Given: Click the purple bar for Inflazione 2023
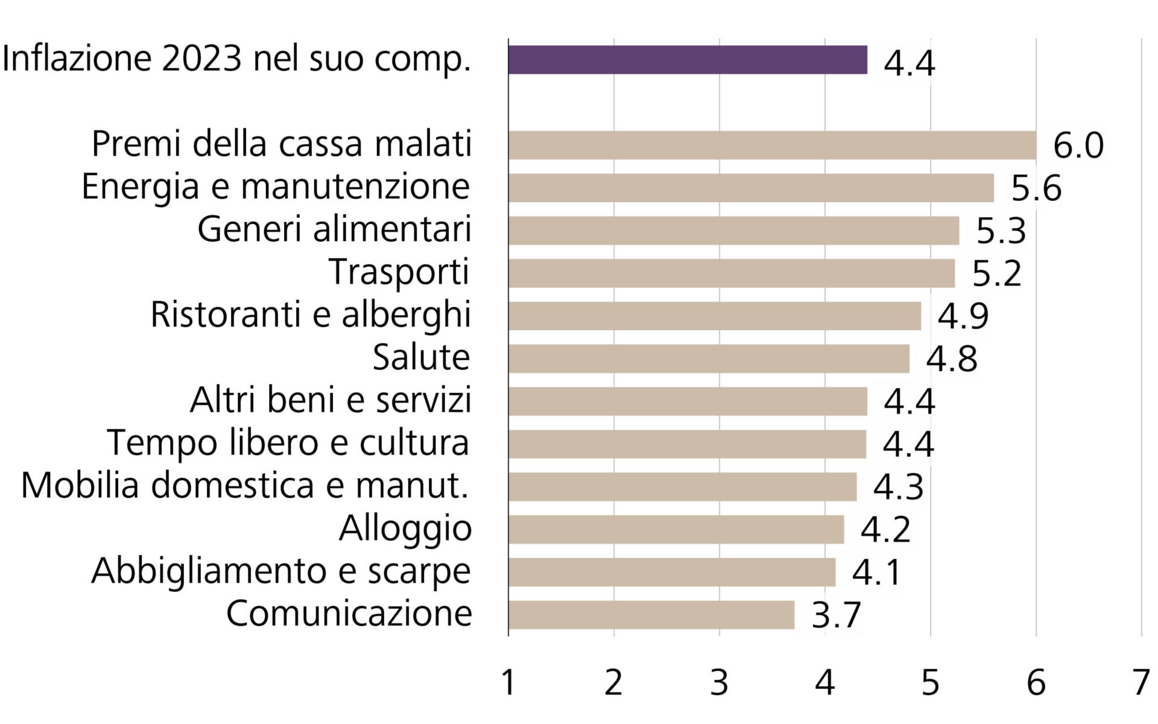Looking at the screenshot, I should click(688, 60).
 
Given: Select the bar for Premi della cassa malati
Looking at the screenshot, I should click(772, 145).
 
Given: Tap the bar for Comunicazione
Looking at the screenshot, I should click(651, 615).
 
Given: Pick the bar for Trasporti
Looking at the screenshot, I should click(732, 273).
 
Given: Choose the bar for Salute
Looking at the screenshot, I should click(709, 359).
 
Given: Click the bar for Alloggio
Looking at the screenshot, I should click(675, 529).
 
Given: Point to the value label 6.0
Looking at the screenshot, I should click(1078, 146).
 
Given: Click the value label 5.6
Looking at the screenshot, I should click(1036, 188).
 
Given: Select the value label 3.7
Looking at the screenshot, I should click(836, 615).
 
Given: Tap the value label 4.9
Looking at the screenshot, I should click(963, 316).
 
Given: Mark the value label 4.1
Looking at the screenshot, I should click(876, 573).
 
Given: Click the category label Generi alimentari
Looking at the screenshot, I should click(334, 229).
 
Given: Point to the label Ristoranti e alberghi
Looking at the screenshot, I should click(310, 315).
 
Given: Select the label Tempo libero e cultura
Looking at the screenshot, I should click(288, 442).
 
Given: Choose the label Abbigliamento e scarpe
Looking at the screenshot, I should click(280, 571).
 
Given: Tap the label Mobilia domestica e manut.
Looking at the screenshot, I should click(244, 485).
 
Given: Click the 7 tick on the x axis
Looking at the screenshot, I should click(1141, 684).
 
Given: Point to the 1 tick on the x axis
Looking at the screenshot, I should click(508, 684).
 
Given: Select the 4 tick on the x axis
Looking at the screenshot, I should click(824, 684).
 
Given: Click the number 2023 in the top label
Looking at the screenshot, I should click(201, 59).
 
